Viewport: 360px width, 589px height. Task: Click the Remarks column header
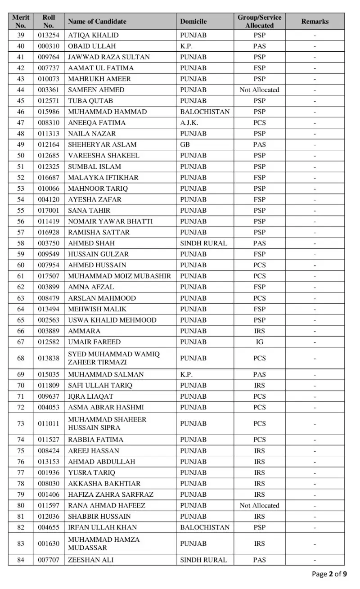click(315, 21)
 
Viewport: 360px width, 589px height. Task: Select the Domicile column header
click(193, 21)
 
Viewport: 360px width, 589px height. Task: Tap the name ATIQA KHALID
click(93, 35)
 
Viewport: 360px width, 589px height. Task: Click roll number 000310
click(49, 46)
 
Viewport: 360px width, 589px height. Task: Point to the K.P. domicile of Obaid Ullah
click(186, 46)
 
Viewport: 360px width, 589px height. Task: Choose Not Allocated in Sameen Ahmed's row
click(259, 90)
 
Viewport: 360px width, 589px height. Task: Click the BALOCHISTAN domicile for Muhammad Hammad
click(205, 112)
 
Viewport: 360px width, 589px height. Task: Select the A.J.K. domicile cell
click(189, 122)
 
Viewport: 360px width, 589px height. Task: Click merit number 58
click(21, 243)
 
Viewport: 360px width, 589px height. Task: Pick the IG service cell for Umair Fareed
click(259, 342)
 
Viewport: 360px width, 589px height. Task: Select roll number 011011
click(49, 423)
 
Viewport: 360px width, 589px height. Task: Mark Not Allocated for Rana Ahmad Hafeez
click(259, 505)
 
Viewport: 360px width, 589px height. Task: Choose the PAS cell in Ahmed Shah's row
click(259, 243)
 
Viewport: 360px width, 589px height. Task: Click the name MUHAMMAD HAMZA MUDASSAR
click(103, 544)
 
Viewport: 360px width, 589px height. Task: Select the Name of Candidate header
click(97, 21)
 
